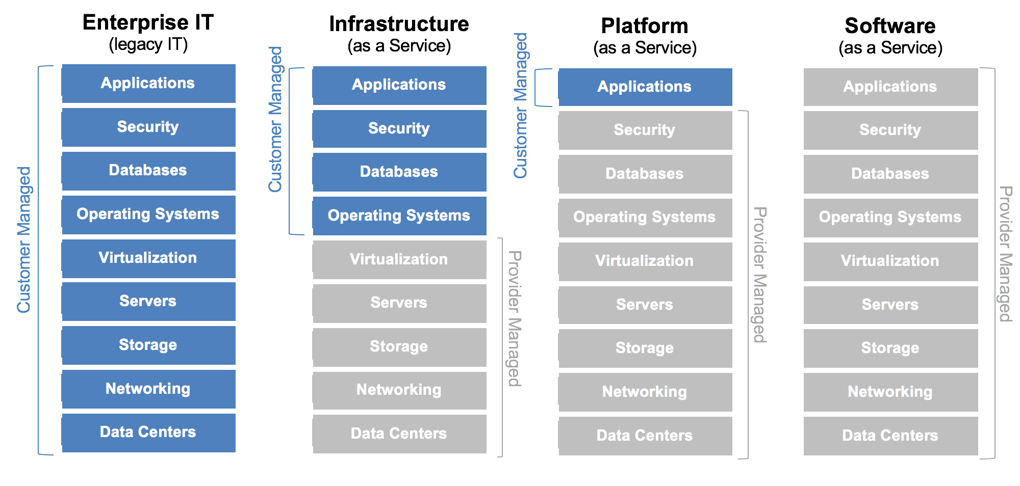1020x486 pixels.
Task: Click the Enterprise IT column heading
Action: tap(148, 22)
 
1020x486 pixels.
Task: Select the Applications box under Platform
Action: tap(645, 87)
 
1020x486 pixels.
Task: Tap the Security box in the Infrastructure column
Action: tap(399, 128)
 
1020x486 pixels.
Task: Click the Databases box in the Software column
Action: tap(890, 174)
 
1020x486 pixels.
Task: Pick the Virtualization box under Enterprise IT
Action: tap(148, 258)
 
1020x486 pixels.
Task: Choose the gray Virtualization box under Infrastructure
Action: tap(399, 259)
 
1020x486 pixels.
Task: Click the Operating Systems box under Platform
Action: tap(645, 218)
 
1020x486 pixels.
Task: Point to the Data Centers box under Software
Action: tap(890, 436)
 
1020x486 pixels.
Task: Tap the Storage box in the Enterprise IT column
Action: tap(148, 345)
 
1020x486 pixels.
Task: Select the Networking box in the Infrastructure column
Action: tap(399, 390)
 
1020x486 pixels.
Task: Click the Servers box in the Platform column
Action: tap(645, 305)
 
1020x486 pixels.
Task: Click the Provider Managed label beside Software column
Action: tap(1005, 254)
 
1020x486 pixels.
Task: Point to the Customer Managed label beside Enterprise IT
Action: tap(24, 239)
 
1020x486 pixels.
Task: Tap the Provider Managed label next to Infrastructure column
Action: tap(515, 318)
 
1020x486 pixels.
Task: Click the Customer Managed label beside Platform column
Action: tap(520, 106)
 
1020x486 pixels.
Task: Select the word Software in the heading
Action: tap(890, 26)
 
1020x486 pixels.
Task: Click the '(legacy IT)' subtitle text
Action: tap(148, 45)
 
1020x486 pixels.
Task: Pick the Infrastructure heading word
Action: tap(399, 24)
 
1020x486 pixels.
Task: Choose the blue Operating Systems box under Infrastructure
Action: tap(399, 216)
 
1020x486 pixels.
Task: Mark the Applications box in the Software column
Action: tap(890, 87)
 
